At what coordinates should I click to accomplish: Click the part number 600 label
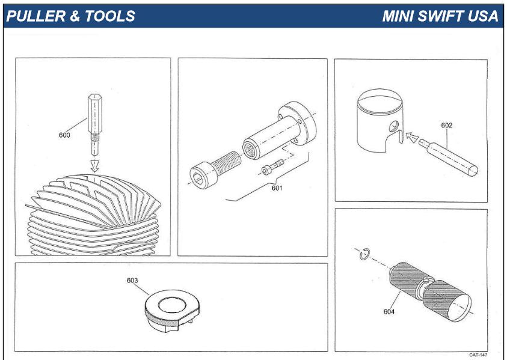pos(64,135)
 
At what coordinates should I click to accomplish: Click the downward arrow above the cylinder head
pos(94,163)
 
